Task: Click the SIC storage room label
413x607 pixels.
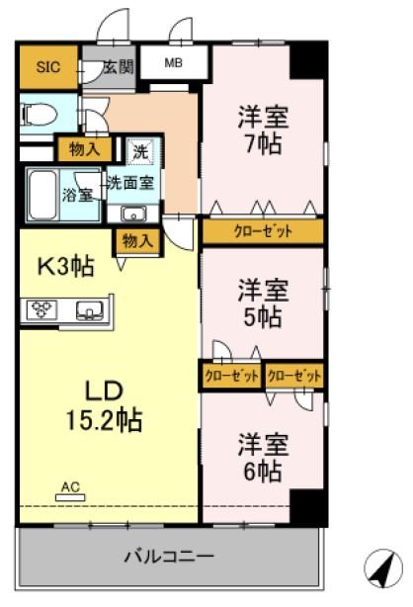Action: [48, 67]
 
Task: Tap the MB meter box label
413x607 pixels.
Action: [173, 62]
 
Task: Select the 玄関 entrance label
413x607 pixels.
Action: [118, 67]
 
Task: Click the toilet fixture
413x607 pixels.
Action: [39, 114]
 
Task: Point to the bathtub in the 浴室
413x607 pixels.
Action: [42, 195]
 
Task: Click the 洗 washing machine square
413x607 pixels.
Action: [140, 151]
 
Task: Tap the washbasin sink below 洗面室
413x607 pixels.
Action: [133, 214]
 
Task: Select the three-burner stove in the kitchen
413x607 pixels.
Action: [41, 309]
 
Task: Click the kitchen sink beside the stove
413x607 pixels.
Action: [90, 310]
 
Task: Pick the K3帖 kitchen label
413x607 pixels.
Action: [65, 267]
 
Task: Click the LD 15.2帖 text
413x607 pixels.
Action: [104, 406]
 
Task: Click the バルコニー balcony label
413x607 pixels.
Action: [169, 557]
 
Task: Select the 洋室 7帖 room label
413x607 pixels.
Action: [263, 130]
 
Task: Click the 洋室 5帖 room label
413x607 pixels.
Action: [263, 303]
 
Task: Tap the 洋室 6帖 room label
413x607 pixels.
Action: [263, 458]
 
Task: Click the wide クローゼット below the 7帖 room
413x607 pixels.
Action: [263, 231]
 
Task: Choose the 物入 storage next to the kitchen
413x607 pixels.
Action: [137, 241]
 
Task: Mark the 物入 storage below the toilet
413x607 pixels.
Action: [84, 148]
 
